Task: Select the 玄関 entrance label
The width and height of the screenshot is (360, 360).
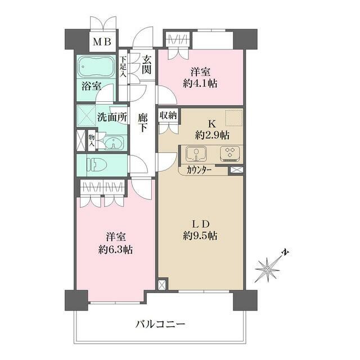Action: point(146,64)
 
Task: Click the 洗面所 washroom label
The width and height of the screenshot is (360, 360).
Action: point(111,118)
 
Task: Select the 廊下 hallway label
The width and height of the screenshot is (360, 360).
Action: point(143,123)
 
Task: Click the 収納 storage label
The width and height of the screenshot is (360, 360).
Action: point(168,115)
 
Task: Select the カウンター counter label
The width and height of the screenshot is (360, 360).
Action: point(200,169)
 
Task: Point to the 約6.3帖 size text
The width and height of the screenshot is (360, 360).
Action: point(118,249)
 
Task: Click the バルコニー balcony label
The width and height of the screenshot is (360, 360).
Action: point(160,324)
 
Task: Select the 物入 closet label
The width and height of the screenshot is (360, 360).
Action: point(91,139)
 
